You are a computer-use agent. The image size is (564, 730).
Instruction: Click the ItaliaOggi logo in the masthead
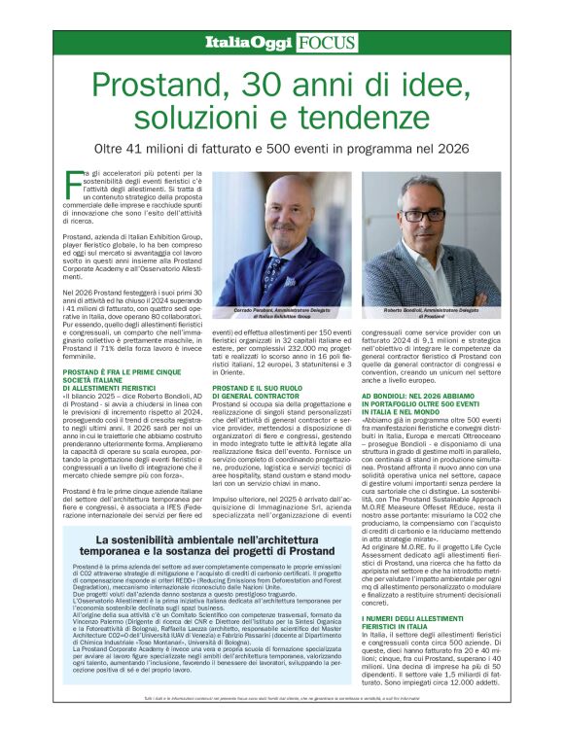tap(248, 42)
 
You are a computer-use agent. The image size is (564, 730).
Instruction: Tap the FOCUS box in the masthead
tap(326, 42)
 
